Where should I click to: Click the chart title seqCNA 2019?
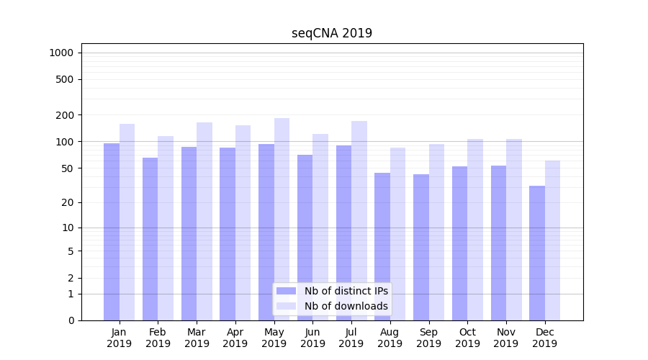click(332, 33)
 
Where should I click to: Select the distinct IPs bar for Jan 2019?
click(112, 230)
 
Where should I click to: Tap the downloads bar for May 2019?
click(282, 216)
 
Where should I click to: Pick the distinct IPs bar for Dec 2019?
click(537, 252)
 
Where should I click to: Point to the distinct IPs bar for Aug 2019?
click(382, 246)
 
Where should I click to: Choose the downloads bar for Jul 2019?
click(359, 220)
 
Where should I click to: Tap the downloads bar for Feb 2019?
click(166, 228)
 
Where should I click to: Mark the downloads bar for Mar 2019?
click(204, 220)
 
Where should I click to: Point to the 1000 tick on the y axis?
click(61, 53)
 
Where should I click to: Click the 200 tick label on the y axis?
click(65, 115)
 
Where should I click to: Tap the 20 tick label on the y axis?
click(68, 202)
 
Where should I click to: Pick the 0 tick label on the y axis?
click(71, 320)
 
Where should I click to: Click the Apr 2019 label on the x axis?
click(235, 338)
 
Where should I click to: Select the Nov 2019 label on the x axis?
click(506, 338)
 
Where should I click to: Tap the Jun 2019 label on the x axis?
click(312, 338)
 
